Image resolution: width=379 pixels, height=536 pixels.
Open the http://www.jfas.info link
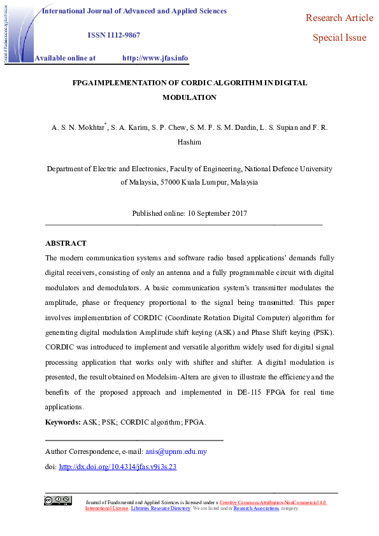click(x=155, y=58)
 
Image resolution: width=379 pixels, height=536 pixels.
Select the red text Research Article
click(x=340, y=18)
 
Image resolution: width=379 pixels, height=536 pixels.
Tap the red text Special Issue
click(x=340, y=38)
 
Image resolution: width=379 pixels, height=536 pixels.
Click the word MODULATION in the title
click(x=189, y=97)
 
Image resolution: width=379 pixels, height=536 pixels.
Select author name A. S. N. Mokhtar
click(x=78, y=128)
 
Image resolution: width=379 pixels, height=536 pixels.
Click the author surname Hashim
click(x=189, y=142)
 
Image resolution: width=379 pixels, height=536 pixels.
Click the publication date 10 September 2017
click(x=217, y=213)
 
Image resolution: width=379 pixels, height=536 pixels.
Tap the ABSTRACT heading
click(x=66, y=243)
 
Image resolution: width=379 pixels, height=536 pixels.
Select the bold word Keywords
click(x=62, y=422)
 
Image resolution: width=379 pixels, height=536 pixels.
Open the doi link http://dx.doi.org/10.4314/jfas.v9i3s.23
click(x=117, y=467)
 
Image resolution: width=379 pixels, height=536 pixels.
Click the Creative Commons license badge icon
click(x=57, y=500)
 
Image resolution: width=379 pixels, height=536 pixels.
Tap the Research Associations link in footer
click(x=256, y=509)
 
